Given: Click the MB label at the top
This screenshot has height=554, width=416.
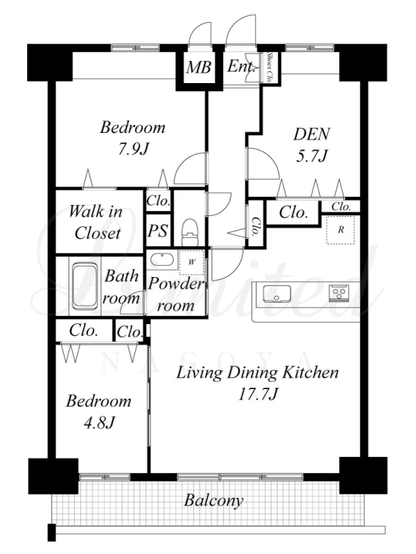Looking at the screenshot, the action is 199,66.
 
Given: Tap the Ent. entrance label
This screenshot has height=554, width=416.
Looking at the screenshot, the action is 241,66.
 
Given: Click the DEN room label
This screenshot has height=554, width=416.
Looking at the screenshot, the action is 311,134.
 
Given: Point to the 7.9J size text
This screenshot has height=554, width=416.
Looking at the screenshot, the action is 132,149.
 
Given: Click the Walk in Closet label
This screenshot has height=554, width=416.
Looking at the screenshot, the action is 96,222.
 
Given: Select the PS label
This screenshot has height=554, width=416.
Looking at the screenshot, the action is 158,231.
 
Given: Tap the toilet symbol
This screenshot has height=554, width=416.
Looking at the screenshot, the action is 190,232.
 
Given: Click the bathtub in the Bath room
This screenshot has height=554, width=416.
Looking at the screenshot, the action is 84,286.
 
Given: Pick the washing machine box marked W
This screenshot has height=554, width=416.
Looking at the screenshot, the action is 192,262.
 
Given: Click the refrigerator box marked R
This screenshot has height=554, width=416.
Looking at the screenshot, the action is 341,230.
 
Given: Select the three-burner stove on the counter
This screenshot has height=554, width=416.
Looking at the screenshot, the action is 339,293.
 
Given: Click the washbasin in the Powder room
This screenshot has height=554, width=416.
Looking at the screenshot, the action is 162,260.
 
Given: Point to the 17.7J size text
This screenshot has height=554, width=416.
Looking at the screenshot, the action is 257,394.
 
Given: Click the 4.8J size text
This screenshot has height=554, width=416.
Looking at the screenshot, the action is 98,422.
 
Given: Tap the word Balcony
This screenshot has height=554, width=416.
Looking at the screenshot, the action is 214,501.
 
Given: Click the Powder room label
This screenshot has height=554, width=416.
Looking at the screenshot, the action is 176,294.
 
